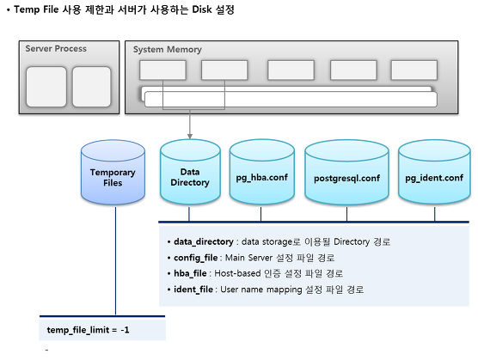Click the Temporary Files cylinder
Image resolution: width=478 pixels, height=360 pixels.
[x=113, y=172]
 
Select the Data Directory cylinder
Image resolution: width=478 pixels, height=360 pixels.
[x=190, y=172]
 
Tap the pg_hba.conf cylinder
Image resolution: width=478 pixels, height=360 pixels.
[x=262, y=172]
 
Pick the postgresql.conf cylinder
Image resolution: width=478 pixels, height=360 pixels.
[x=347, y=172]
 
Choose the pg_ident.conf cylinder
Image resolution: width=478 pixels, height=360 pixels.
[x=434, y=172]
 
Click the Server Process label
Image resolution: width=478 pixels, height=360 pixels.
[x=56, y=49]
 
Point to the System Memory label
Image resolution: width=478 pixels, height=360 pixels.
[x=168, y=49]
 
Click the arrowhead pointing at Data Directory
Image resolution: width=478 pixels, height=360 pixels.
[x=190, y=136]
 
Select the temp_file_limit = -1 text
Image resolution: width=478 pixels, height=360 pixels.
[x=88, y=330]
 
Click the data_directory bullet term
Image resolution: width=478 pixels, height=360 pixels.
[x=204, y=241]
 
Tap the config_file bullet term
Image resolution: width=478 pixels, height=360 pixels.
[x=196, y=258]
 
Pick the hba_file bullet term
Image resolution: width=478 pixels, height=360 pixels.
[x=190, y=273]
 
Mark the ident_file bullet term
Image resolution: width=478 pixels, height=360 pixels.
[x=193, y=290]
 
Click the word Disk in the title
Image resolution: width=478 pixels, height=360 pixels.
[x=202, y=9]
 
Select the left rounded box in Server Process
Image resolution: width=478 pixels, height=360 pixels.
[x=46, y=87]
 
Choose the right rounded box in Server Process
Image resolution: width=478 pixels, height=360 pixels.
[x=91, y=87]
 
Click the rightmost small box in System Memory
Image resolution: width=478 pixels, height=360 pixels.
[x=414, y=70]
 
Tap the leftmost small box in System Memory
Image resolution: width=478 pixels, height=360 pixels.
[x=162, y=70]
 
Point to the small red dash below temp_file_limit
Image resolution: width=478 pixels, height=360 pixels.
[x=46, y=351]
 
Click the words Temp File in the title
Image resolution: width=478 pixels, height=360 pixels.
[x=36, y=9]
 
